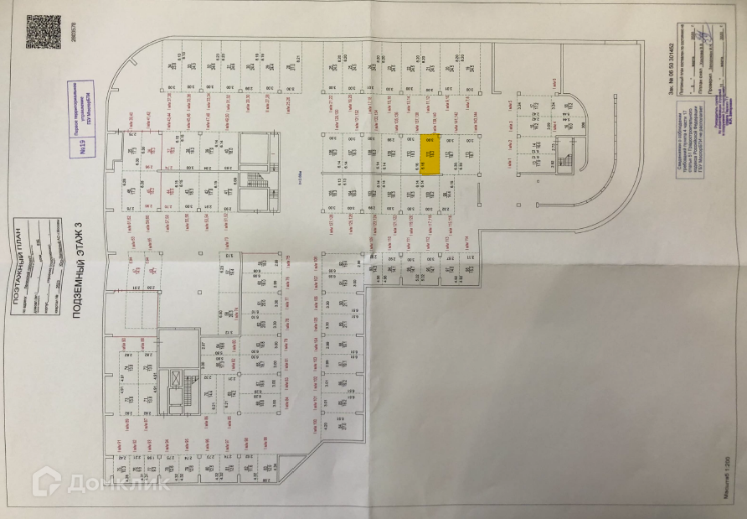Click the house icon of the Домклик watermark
pos(47,481)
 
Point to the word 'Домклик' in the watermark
pos(114,482)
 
